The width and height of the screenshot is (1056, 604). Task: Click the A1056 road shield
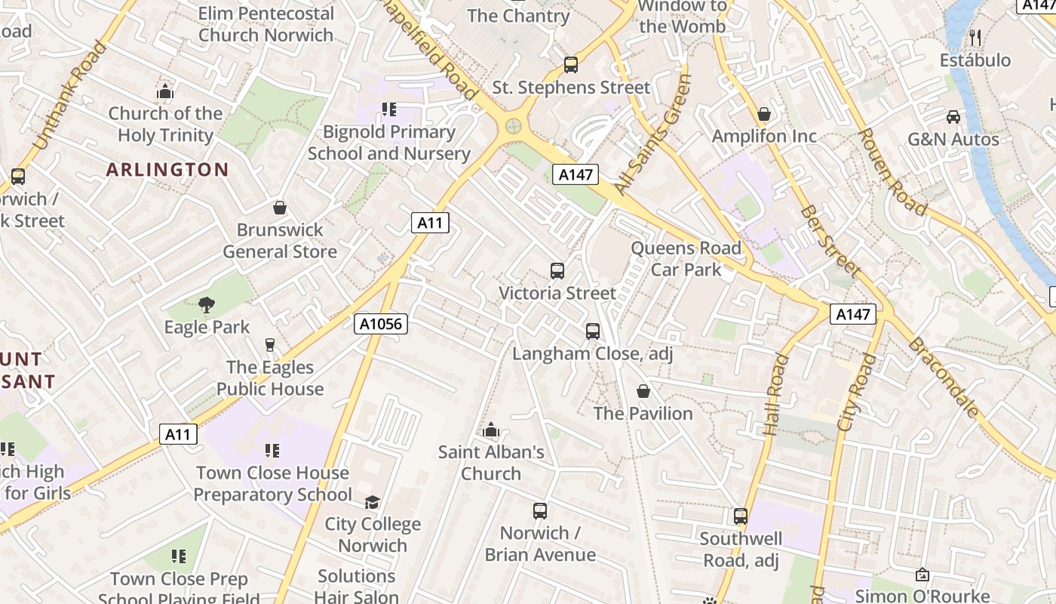381,324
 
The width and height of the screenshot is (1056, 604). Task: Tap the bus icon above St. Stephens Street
571,65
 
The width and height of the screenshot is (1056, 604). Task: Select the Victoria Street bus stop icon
557,271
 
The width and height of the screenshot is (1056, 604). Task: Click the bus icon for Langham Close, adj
593,331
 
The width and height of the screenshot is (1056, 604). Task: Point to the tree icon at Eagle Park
206,305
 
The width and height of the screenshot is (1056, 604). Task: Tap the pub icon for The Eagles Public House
270,345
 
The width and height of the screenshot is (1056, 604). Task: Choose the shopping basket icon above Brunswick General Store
280,208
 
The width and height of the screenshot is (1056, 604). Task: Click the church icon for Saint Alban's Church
491,430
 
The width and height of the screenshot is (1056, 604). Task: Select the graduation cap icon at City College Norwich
372,502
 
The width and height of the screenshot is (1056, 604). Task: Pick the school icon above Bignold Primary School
389,109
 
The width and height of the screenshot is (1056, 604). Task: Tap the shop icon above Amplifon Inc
764,114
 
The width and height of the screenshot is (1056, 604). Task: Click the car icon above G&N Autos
953,117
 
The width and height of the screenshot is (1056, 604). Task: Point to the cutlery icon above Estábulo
975,38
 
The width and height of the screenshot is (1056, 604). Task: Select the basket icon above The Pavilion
643,391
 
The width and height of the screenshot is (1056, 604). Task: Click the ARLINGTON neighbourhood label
167,169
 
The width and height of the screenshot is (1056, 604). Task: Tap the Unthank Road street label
70,94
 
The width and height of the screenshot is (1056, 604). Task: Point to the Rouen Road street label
892,172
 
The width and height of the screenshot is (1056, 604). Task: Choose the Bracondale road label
944,377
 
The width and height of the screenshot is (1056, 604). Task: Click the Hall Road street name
775,394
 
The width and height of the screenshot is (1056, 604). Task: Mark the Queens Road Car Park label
686,258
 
